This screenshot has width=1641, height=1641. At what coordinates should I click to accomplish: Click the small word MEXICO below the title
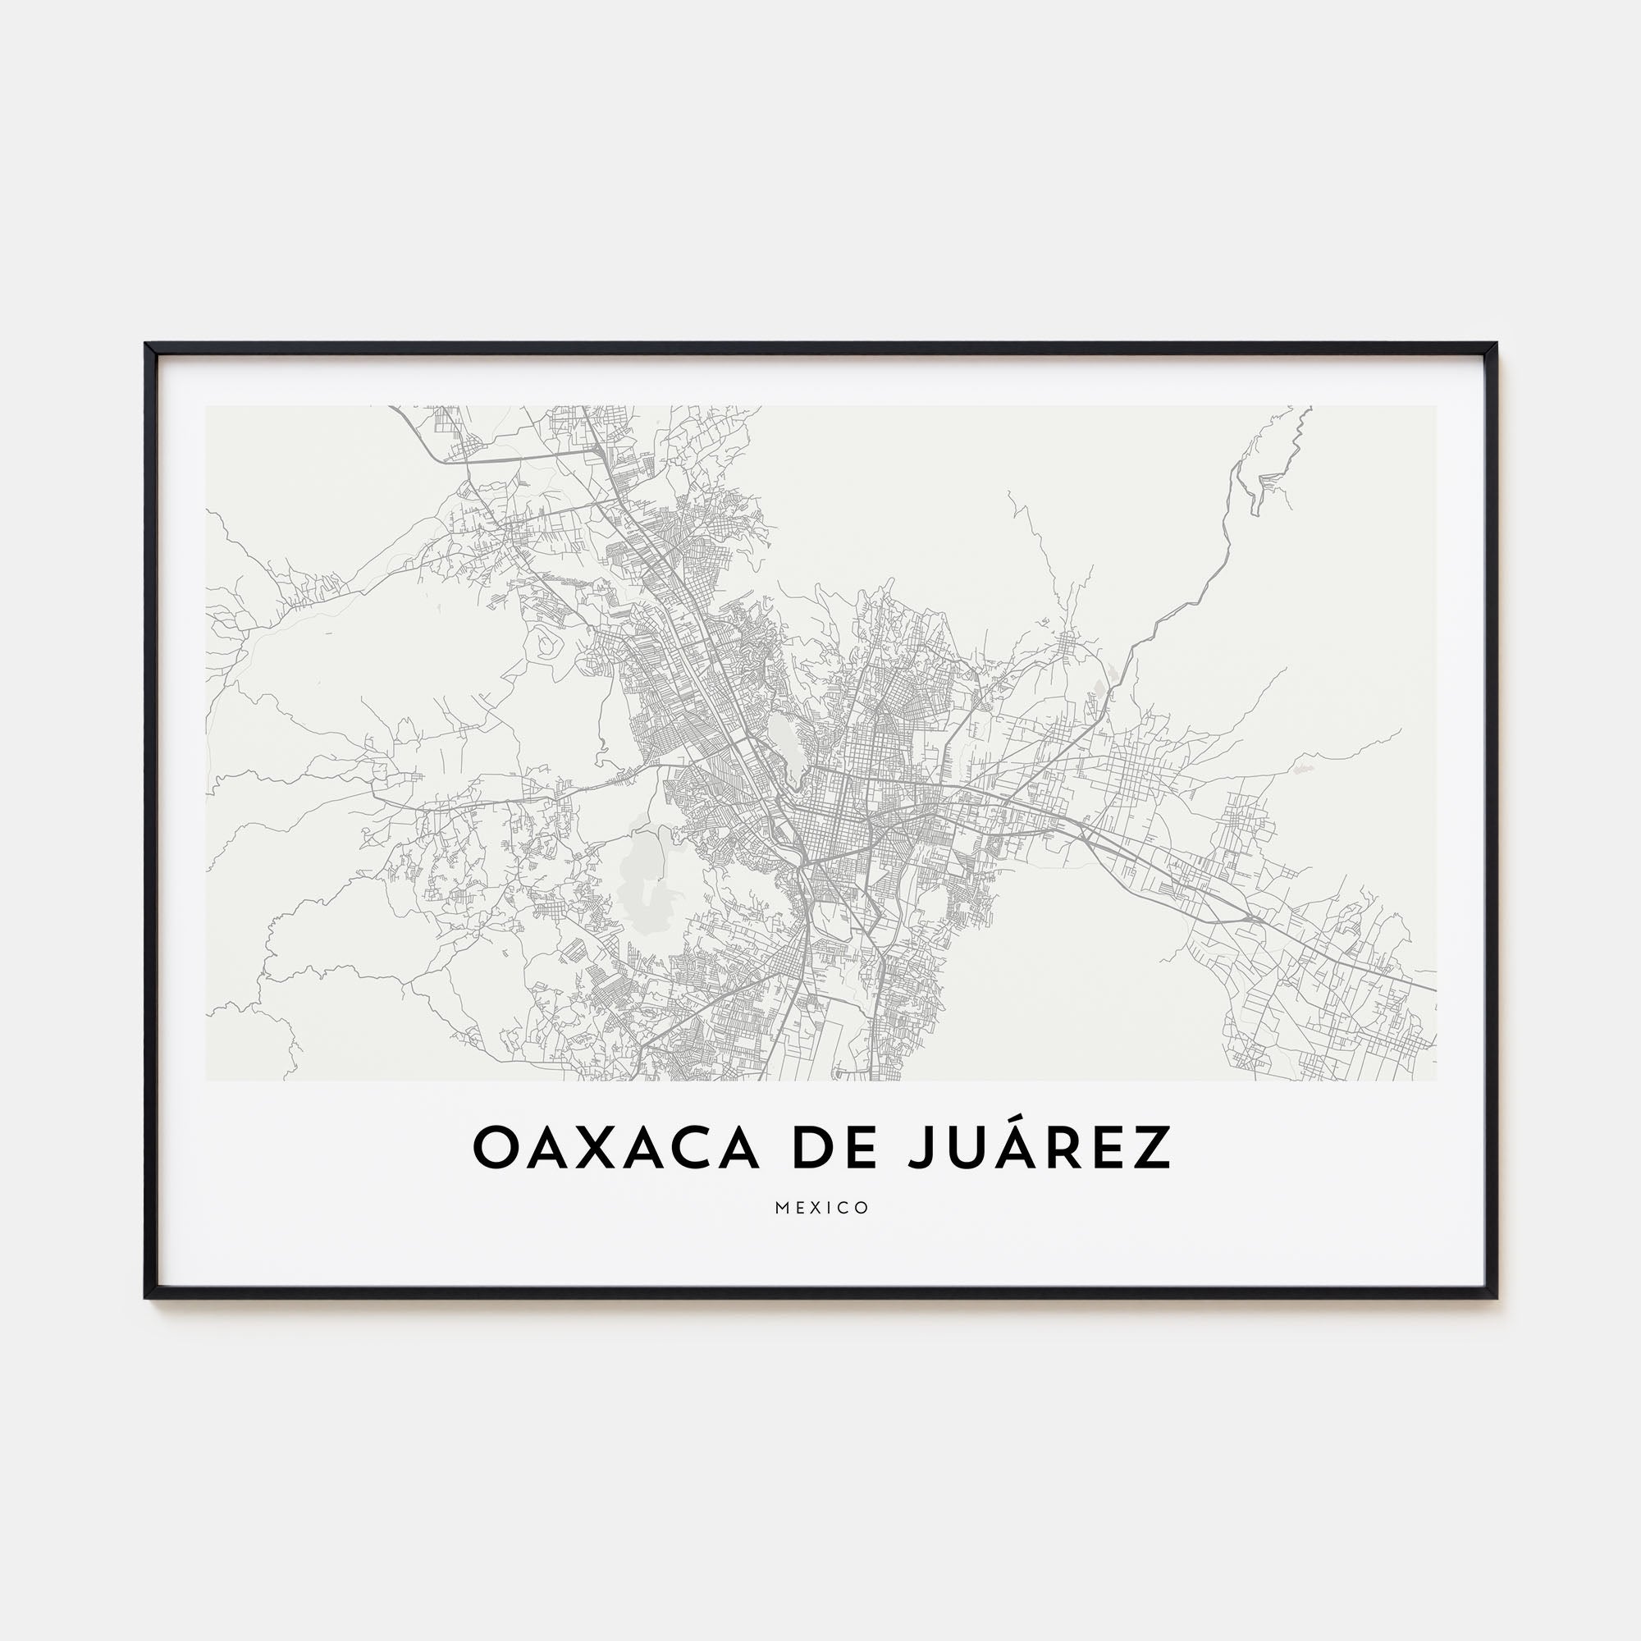[821, 1208]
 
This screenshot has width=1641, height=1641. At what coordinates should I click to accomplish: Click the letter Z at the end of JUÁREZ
[1149, 1149]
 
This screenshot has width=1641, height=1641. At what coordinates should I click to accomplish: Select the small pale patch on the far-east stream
[1301, 769]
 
